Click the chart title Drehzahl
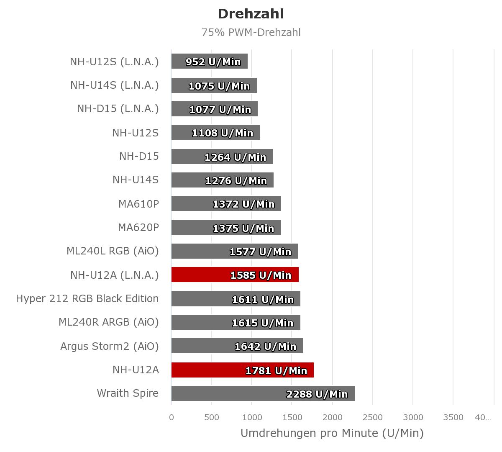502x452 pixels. [x=251, y=14]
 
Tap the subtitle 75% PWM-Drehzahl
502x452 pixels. [x=251, y=33]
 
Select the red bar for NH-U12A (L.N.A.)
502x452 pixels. [x=235, y=275]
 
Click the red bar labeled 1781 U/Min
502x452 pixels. [x=243, y=370]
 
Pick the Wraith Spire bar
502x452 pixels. [x=263, y=393]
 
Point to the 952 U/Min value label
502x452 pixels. [x=213, y=62]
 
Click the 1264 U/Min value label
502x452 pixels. [x=236, y=157]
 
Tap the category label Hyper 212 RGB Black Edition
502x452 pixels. [x=87, y=298]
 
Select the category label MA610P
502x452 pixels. [x=138, y=204]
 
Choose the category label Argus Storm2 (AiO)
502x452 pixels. [x=110, y=347]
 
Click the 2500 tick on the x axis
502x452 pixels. [x=373, y=417]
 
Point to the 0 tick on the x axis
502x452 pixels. [x=172, y=417]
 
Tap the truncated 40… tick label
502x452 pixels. [x=483, y=417]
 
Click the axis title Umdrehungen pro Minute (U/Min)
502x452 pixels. [x=332, y=433]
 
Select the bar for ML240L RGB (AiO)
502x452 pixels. [x=235, y=251]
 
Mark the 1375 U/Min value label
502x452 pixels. [x=243, y=229]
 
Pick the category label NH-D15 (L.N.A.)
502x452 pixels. [x=118, y=109]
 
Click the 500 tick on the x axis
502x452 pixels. [x=212, y=417]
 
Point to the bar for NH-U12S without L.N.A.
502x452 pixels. [x=216, y=132]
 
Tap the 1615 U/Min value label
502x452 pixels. [x=263, y=323]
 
